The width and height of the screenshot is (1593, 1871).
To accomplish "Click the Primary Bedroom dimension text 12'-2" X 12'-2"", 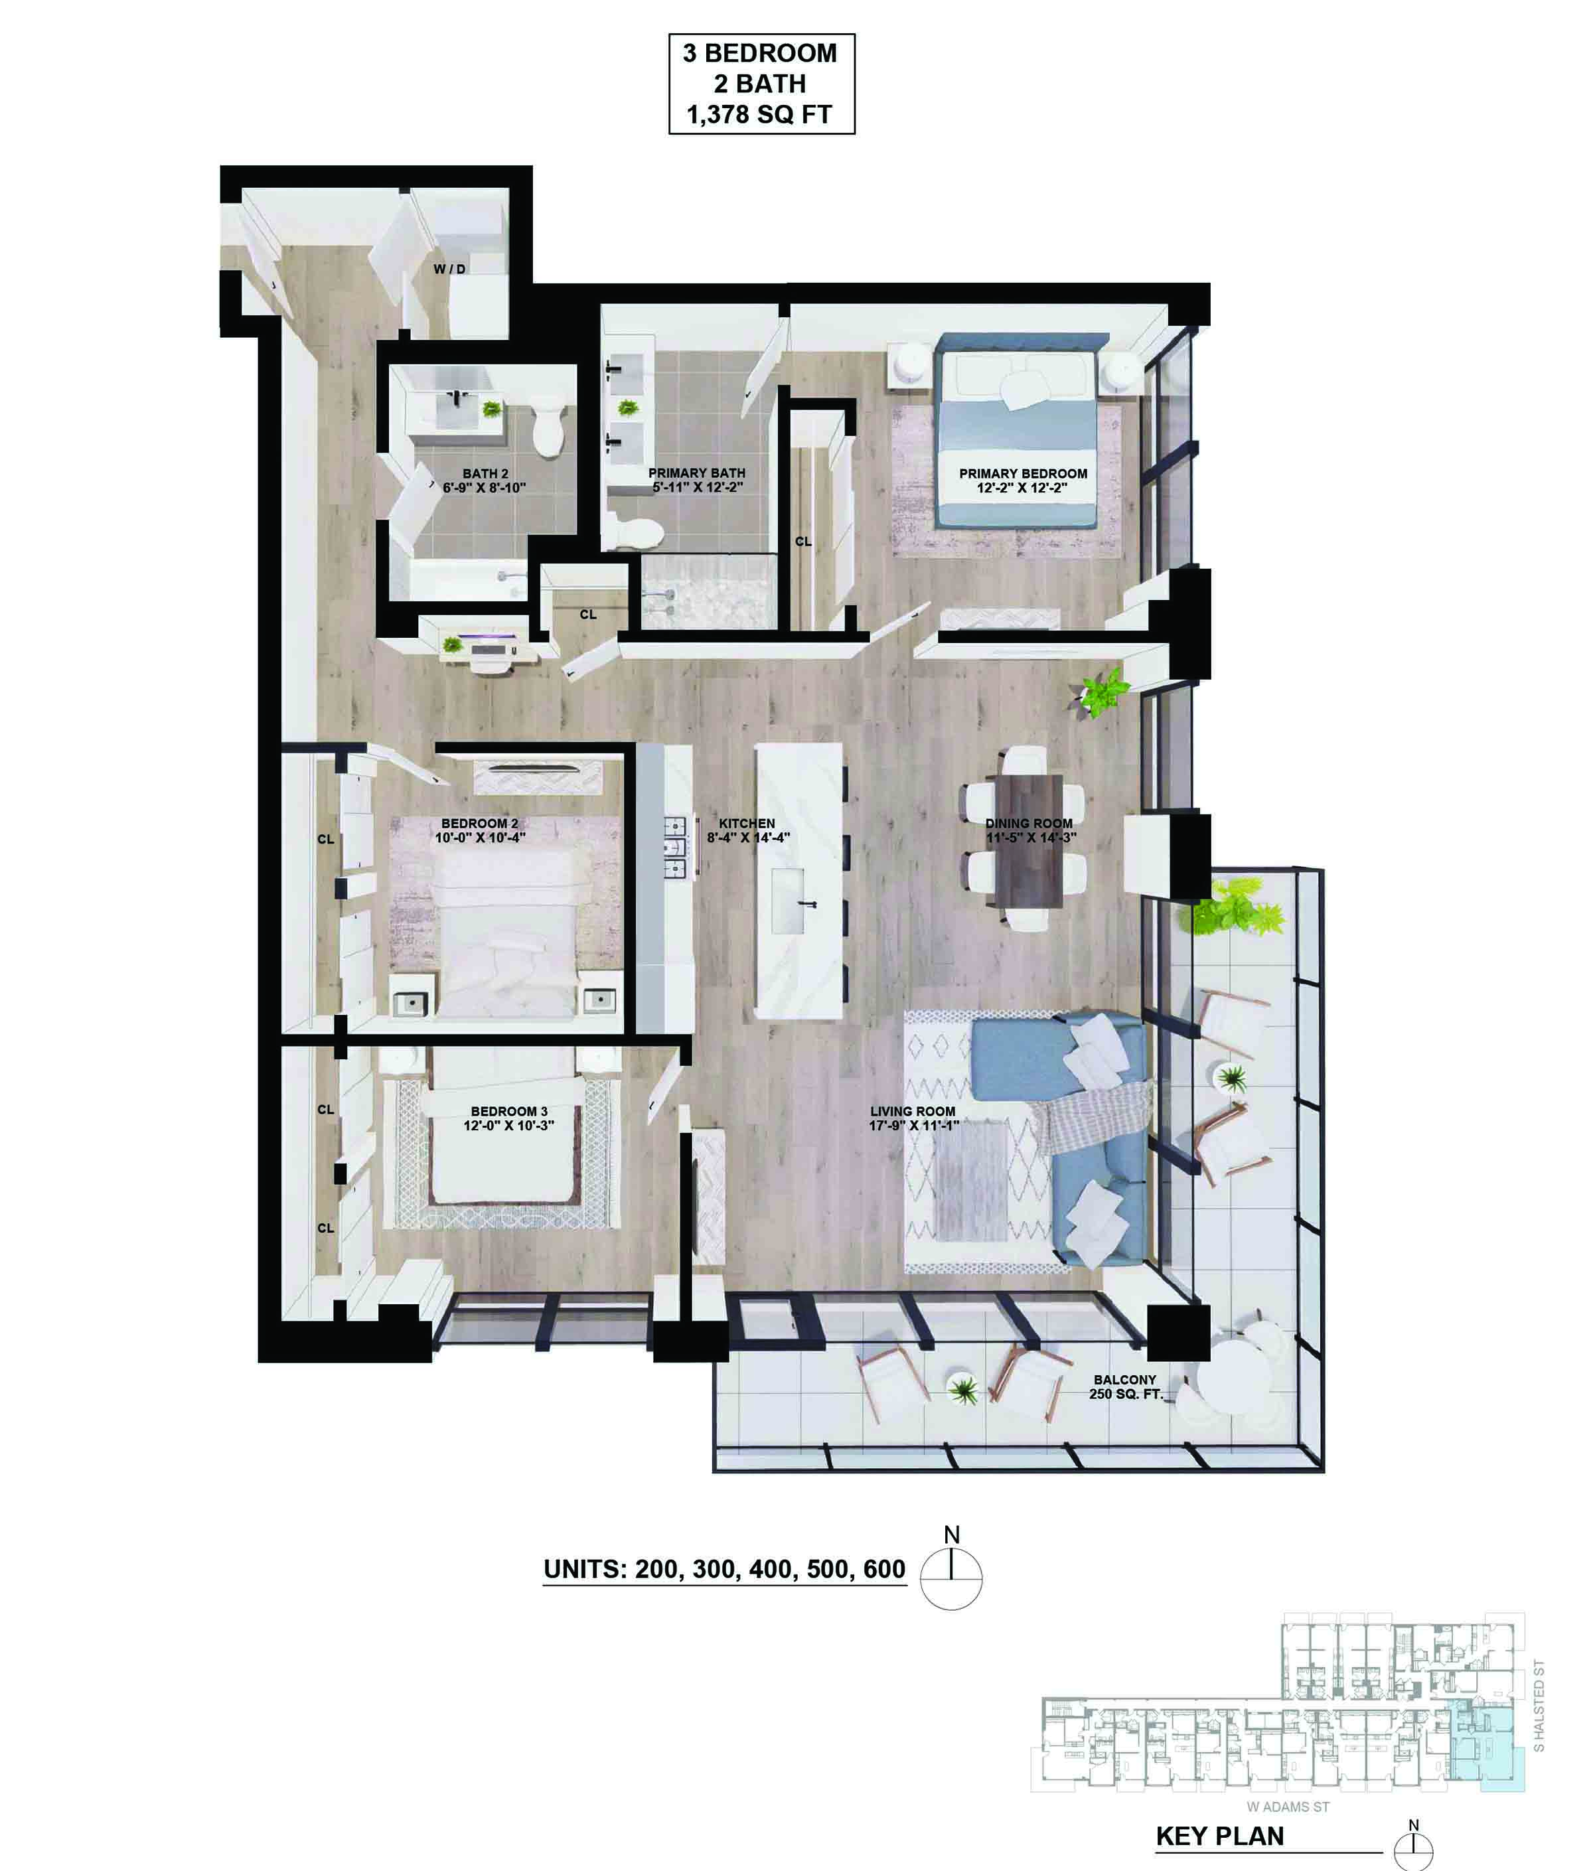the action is (x=1022, y=488).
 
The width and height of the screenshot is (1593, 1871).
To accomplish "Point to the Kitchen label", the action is (x=747, y=824).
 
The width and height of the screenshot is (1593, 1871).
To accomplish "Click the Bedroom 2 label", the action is (x=479, y=824).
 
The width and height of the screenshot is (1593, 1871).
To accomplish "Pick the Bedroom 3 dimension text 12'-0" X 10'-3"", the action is (x=508, y=1125).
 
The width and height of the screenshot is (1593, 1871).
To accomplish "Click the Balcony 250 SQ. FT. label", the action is (x=1125, y=1387).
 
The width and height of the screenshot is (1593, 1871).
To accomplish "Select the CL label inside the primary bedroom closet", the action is (x=803, y=542).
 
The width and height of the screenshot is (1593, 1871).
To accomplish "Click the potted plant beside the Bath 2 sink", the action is (x=491, y=408).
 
